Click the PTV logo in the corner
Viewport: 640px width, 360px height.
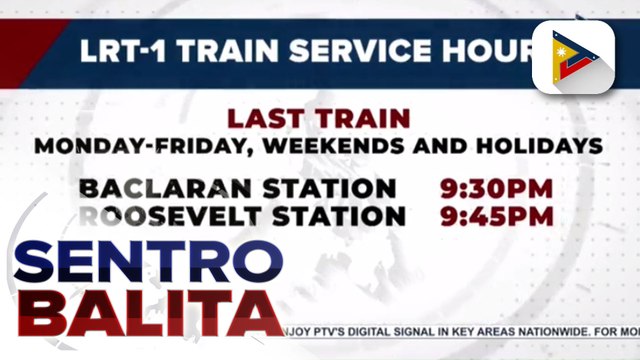coord(571,56)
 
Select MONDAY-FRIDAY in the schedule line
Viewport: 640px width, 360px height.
coord(124,145)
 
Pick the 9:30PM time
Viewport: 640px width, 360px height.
coord(498,188)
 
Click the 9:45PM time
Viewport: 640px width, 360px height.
coord(498,215)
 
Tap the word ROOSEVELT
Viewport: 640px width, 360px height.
coord(160,215)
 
